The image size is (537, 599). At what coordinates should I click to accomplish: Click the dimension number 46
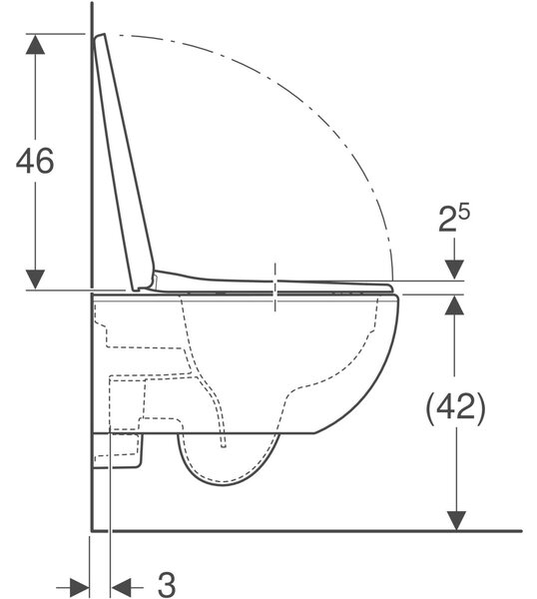35,161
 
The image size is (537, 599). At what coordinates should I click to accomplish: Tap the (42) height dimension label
455,408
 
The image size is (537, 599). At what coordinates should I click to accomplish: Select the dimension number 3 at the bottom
167,584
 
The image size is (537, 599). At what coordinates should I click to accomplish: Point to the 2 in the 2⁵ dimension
447,220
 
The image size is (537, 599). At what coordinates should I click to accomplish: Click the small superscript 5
464,213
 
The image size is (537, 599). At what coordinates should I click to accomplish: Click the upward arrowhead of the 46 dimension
35,44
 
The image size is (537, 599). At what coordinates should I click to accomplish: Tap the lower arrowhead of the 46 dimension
35,280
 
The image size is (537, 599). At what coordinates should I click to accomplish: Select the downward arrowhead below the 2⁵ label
454,270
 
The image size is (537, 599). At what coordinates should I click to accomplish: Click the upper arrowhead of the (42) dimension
454,304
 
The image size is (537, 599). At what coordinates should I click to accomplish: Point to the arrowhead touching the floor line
456,521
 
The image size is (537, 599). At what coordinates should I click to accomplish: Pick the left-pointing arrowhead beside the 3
121,587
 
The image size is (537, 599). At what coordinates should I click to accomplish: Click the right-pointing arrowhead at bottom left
79,587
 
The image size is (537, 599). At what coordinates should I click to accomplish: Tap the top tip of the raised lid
100,36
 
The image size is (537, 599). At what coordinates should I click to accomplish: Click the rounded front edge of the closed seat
389,288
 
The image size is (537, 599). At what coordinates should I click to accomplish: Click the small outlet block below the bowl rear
118,451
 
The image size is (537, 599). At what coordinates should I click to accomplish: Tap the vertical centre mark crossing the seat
275,287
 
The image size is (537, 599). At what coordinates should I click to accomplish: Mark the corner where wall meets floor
92,531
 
